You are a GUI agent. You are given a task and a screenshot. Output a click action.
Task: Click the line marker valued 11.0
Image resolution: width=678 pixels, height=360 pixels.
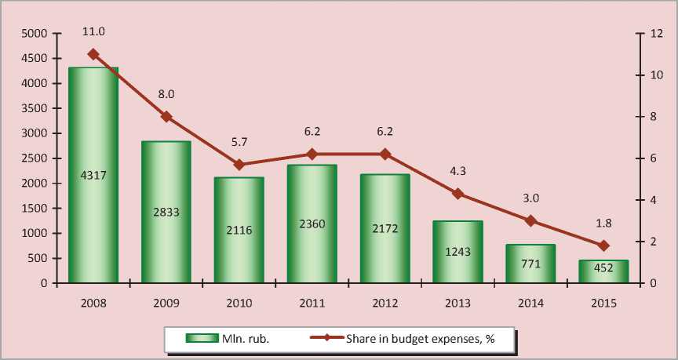coord(93,54)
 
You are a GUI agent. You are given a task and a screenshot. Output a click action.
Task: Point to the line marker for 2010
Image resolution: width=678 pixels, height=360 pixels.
coord(239,165)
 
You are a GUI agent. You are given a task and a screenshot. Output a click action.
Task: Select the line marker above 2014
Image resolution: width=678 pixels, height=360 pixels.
coord(530,220)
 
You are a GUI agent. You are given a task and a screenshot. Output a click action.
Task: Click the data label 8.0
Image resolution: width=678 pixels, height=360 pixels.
coord(166,94)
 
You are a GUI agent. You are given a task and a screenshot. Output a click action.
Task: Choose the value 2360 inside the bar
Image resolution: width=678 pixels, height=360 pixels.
coord(312,224)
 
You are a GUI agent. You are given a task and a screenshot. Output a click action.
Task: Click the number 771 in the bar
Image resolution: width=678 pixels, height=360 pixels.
coord(530,264)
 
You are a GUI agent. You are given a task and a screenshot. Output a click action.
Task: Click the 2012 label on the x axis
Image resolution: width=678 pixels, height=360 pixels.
coord(385,302)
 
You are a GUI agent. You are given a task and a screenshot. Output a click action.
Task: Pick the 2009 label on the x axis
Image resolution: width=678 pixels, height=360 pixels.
coord(166,302)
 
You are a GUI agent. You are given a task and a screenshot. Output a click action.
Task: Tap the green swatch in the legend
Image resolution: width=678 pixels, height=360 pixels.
coord(201,338)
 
